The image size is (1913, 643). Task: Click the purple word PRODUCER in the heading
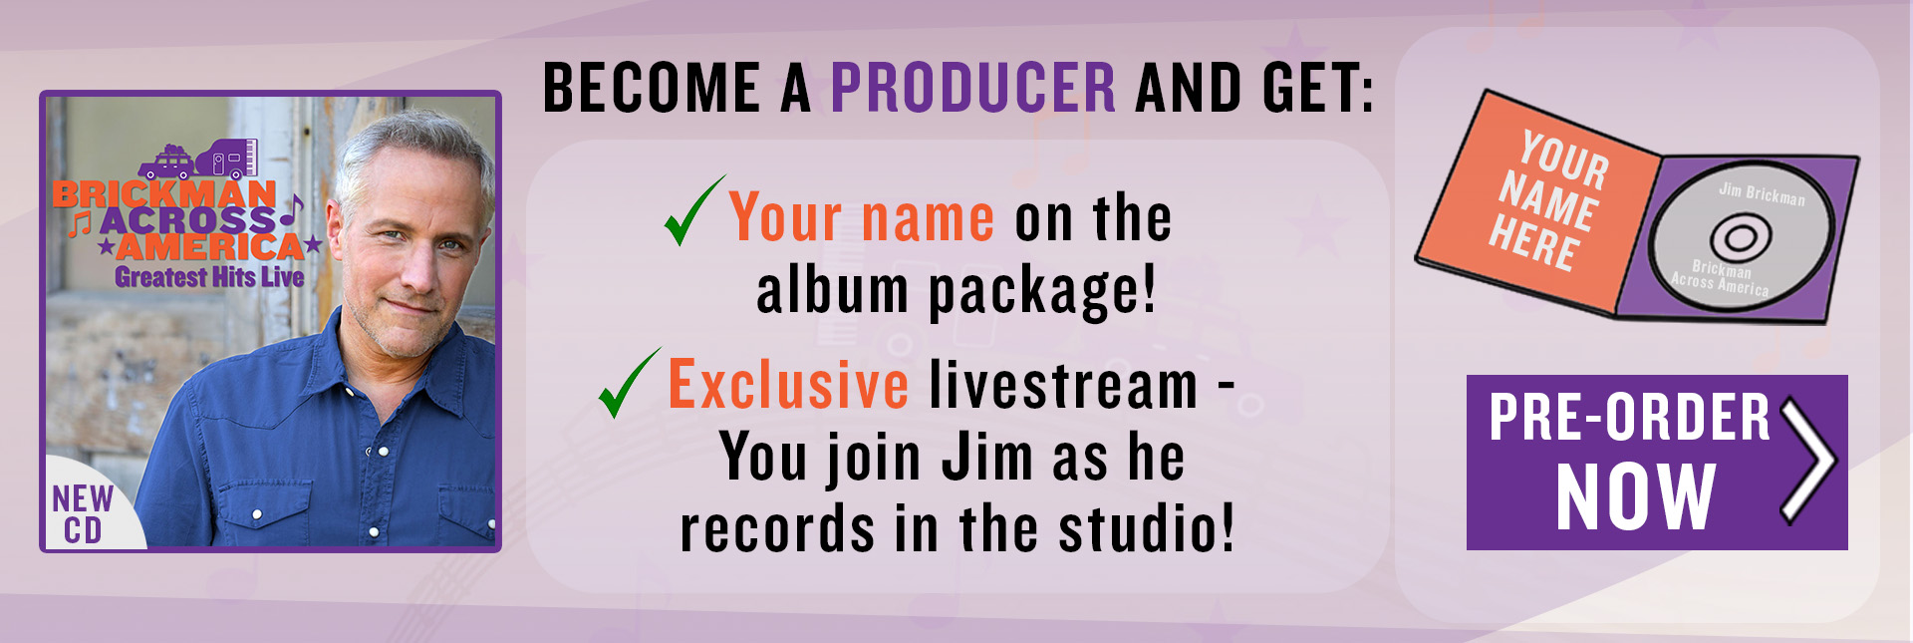click(973, 88)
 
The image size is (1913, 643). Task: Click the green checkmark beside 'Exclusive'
click(629, 383)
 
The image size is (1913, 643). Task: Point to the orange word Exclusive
click(788, 385)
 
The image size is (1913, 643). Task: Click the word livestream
click(1064, 385)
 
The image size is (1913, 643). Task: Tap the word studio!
click(1146, 528)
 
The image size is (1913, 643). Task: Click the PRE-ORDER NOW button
click(1657, 463)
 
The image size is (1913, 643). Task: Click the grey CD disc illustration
click(1740, 236)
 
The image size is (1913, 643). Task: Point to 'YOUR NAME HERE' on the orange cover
click(1548, 200)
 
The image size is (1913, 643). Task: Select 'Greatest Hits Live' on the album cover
click(209, 277)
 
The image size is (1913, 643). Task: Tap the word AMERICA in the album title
click(209, 245)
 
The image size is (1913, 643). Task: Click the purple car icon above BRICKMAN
click(166, 162)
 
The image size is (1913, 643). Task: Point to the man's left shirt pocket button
click(257, 514)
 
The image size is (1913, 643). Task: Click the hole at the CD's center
click(1741, 238)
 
